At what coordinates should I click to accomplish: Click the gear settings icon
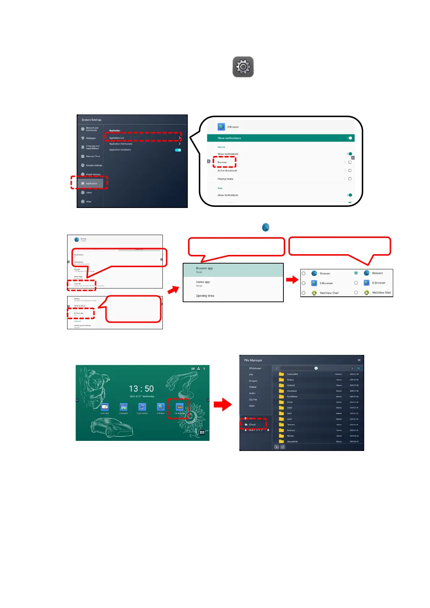(x=243, y=67)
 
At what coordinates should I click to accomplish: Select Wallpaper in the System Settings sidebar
(x=91, y=138)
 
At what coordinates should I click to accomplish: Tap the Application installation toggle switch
(x=178, y=150)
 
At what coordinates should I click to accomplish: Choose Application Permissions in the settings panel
(x=121, y=144)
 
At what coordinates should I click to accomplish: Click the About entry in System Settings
(x=88, y=192)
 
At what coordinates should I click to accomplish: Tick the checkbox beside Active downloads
(x=350, y=170)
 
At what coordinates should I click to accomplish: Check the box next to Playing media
(x=350, y=179)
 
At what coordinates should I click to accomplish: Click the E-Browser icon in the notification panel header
(x=221, y=127)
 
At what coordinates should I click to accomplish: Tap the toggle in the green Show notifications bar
(x=349, y=138)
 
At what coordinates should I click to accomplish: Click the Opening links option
(x=205, y=296)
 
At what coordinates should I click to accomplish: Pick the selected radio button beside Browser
(x=356, y=273)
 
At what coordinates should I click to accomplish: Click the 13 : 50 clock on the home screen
(x=141, y=388)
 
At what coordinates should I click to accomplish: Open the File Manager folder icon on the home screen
(x=179, y=407)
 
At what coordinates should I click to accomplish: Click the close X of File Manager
(x=359, y=360)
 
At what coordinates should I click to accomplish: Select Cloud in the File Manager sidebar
(x=252, y=425)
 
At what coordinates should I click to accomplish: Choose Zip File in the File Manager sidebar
(x=253, y=399)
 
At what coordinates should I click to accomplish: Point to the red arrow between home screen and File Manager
(x=223, y=404)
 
